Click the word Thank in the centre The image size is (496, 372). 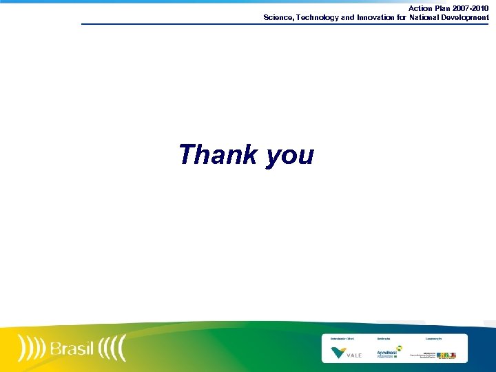coord(218,154)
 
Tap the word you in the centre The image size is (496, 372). coord(289,156)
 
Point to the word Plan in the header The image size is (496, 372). coord(442,8)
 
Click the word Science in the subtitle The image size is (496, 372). coord(279,17)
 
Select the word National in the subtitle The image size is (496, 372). coord(428,17)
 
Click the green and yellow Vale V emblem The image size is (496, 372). coord(339,353)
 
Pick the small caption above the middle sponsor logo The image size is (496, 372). coord(384,339)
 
